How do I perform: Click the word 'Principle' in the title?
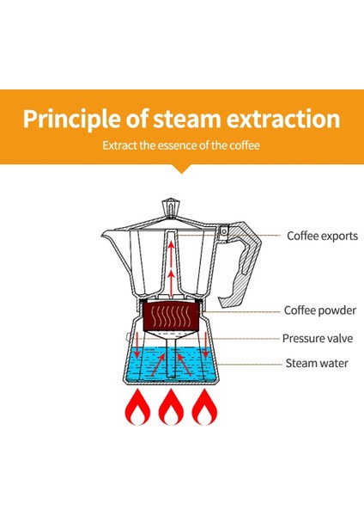[x=69, y=118]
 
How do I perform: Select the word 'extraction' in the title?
[x=280, y=118]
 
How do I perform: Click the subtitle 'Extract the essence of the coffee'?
[x=181, y=146]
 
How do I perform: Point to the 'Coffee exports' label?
[x=322, y=235]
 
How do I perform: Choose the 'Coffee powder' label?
[x=320, y=310]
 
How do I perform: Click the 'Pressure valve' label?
[x=319, y=338]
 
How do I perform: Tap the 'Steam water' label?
[x=317, y=363]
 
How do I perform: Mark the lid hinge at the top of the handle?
[x=222, y=230]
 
